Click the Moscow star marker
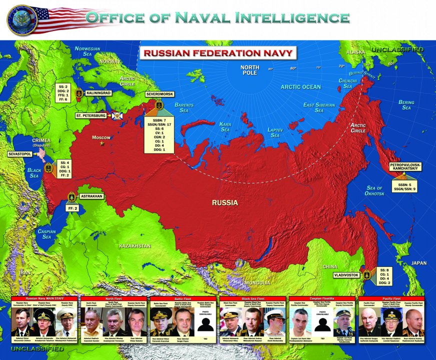102,143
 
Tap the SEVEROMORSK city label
159,93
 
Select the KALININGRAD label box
97,93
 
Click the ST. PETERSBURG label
90,115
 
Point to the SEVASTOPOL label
20,154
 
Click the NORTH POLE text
249,70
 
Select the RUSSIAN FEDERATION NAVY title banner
217,52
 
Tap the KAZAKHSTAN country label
134,246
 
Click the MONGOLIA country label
257,283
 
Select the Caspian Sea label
46,234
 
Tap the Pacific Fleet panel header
391,298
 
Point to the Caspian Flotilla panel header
322,298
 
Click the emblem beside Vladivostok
366,275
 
